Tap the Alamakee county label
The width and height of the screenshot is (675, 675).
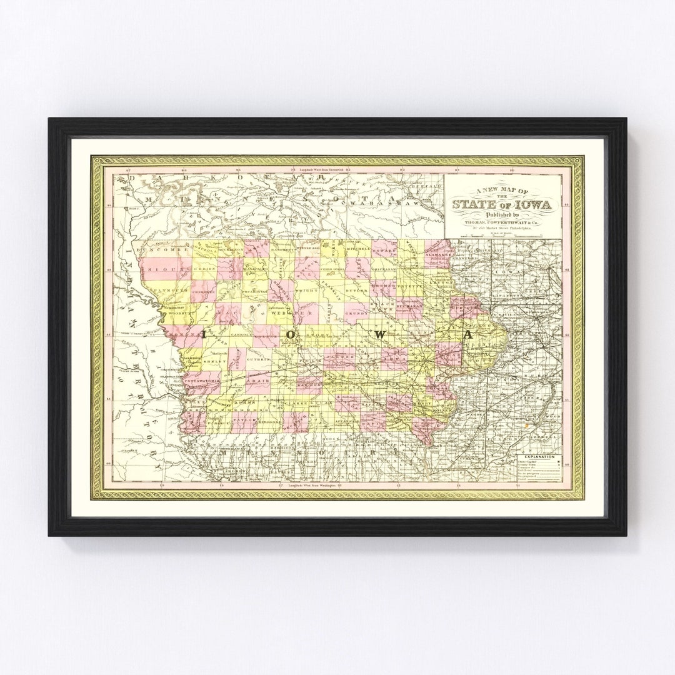(x=437, y=256)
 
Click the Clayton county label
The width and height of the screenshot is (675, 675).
(x=441, y=282)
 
